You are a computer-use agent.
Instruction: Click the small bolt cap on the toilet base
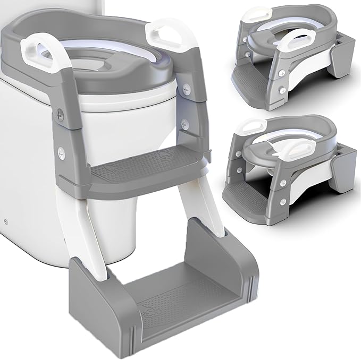[x=6, y=219]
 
